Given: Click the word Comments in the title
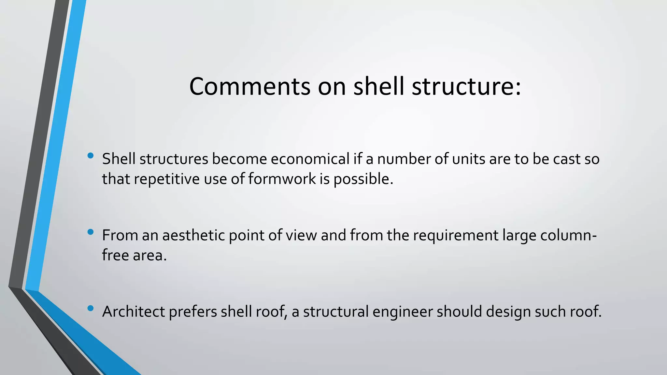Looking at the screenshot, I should click(x=250, y=87).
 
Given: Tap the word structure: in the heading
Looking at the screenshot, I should click(x=466, y=87).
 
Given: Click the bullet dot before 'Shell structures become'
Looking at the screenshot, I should click(x=91, y=156).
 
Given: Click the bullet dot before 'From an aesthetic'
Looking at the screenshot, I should click(x=91, y=232).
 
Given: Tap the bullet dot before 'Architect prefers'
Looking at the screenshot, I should click(x=91, y=308).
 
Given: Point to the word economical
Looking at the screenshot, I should click(x=310, y=159).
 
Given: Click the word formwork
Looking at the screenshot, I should click(x=282, y=179).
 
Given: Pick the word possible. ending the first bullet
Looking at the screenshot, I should click(x=363, y=179).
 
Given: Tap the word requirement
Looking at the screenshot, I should click(x=456, y=235).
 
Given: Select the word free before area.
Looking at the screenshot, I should click(x=115, y=255).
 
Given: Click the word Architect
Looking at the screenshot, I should click(x=134, y=312).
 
